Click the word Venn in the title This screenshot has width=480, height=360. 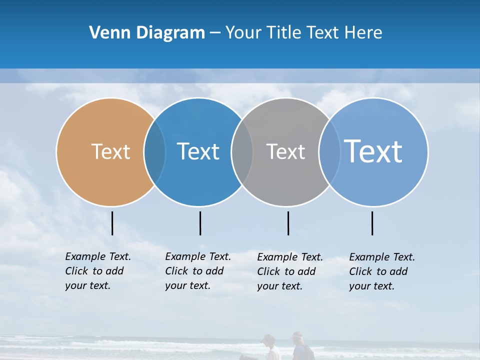click(x=106, y=33)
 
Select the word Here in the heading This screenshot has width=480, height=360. click(x=363, y=33)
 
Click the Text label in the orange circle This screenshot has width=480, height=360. click(x=110, y=151)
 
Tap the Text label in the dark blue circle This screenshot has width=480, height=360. click(x=198, y=151)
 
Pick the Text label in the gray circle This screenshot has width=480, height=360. click(x=285, y=151)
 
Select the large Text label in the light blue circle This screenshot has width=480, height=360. click(x=373, y=151)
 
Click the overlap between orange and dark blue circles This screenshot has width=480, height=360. click(x=154, y=152)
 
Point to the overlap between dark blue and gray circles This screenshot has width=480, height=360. click(x=242, y=152)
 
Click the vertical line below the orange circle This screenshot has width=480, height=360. click(x=112, y=223)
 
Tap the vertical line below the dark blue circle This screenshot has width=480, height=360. click(x=200, y=223)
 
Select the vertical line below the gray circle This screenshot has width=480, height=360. click(x=288, y=223)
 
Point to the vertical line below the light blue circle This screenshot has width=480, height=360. click(x=372, y=223)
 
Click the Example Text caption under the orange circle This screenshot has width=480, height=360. click(x=98, y=271)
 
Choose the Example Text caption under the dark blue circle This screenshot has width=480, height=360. click(x=198, y=271)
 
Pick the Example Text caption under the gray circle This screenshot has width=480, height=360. click(x=290, y=271)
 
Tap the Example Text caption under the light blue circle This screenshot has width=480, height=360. click(x=382, y=271)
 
